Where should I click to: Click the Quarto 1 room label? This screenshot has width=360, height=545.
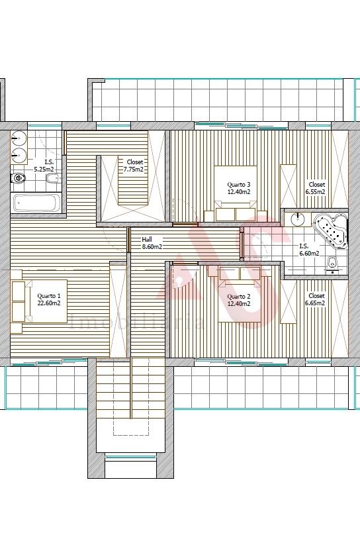point(49,299)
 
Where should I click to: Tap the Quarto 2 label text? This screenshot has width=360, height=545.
point(239,300)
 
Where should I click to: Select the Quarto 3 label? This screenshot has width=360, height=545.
point(239,188)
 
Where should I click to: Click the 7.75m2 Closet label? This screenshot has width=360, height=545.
point(134,166)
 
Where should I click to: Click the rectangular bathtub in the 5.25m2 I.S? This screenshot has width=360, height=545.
point(36,203)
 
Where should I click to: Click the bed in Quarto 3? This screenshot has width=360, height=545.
point(236,193)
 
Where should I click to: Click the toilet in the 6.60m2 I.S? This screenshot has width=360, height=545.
point(332,265)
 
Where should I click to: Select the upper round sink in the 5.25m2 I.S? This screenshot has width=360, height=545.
point(19,138)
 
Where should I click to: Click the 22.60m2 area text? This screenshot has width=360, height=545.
point(49,303)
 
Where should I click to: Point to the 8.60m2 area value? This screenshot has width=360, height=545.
point(152,246)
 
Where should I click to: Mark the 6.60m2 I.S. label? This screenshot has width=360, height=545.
point(309,250)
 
